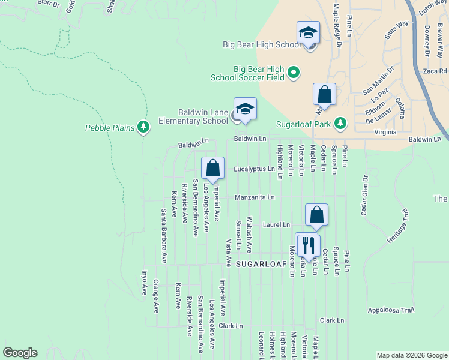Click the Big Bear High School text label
coord(261,45)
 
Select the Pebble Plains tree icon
coord(143,127)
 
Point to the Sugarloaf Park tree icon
coord(340,123)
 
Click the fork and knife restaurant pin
coord(308,244)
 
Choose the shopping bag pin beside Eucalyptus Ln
coord(212,168)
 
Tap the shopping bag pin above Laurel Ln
coord(316,215)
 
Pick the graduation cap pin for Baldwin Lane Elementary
coord(245,109)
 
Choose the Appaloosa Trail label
coord(391,310)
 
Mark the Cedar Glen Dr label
coord(364,195)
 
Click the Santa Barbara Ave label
coord(163,236)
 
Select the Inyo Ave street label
coord(144,283)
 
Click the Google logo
coord(20,353)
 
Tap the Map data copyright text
coord(411,355)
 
